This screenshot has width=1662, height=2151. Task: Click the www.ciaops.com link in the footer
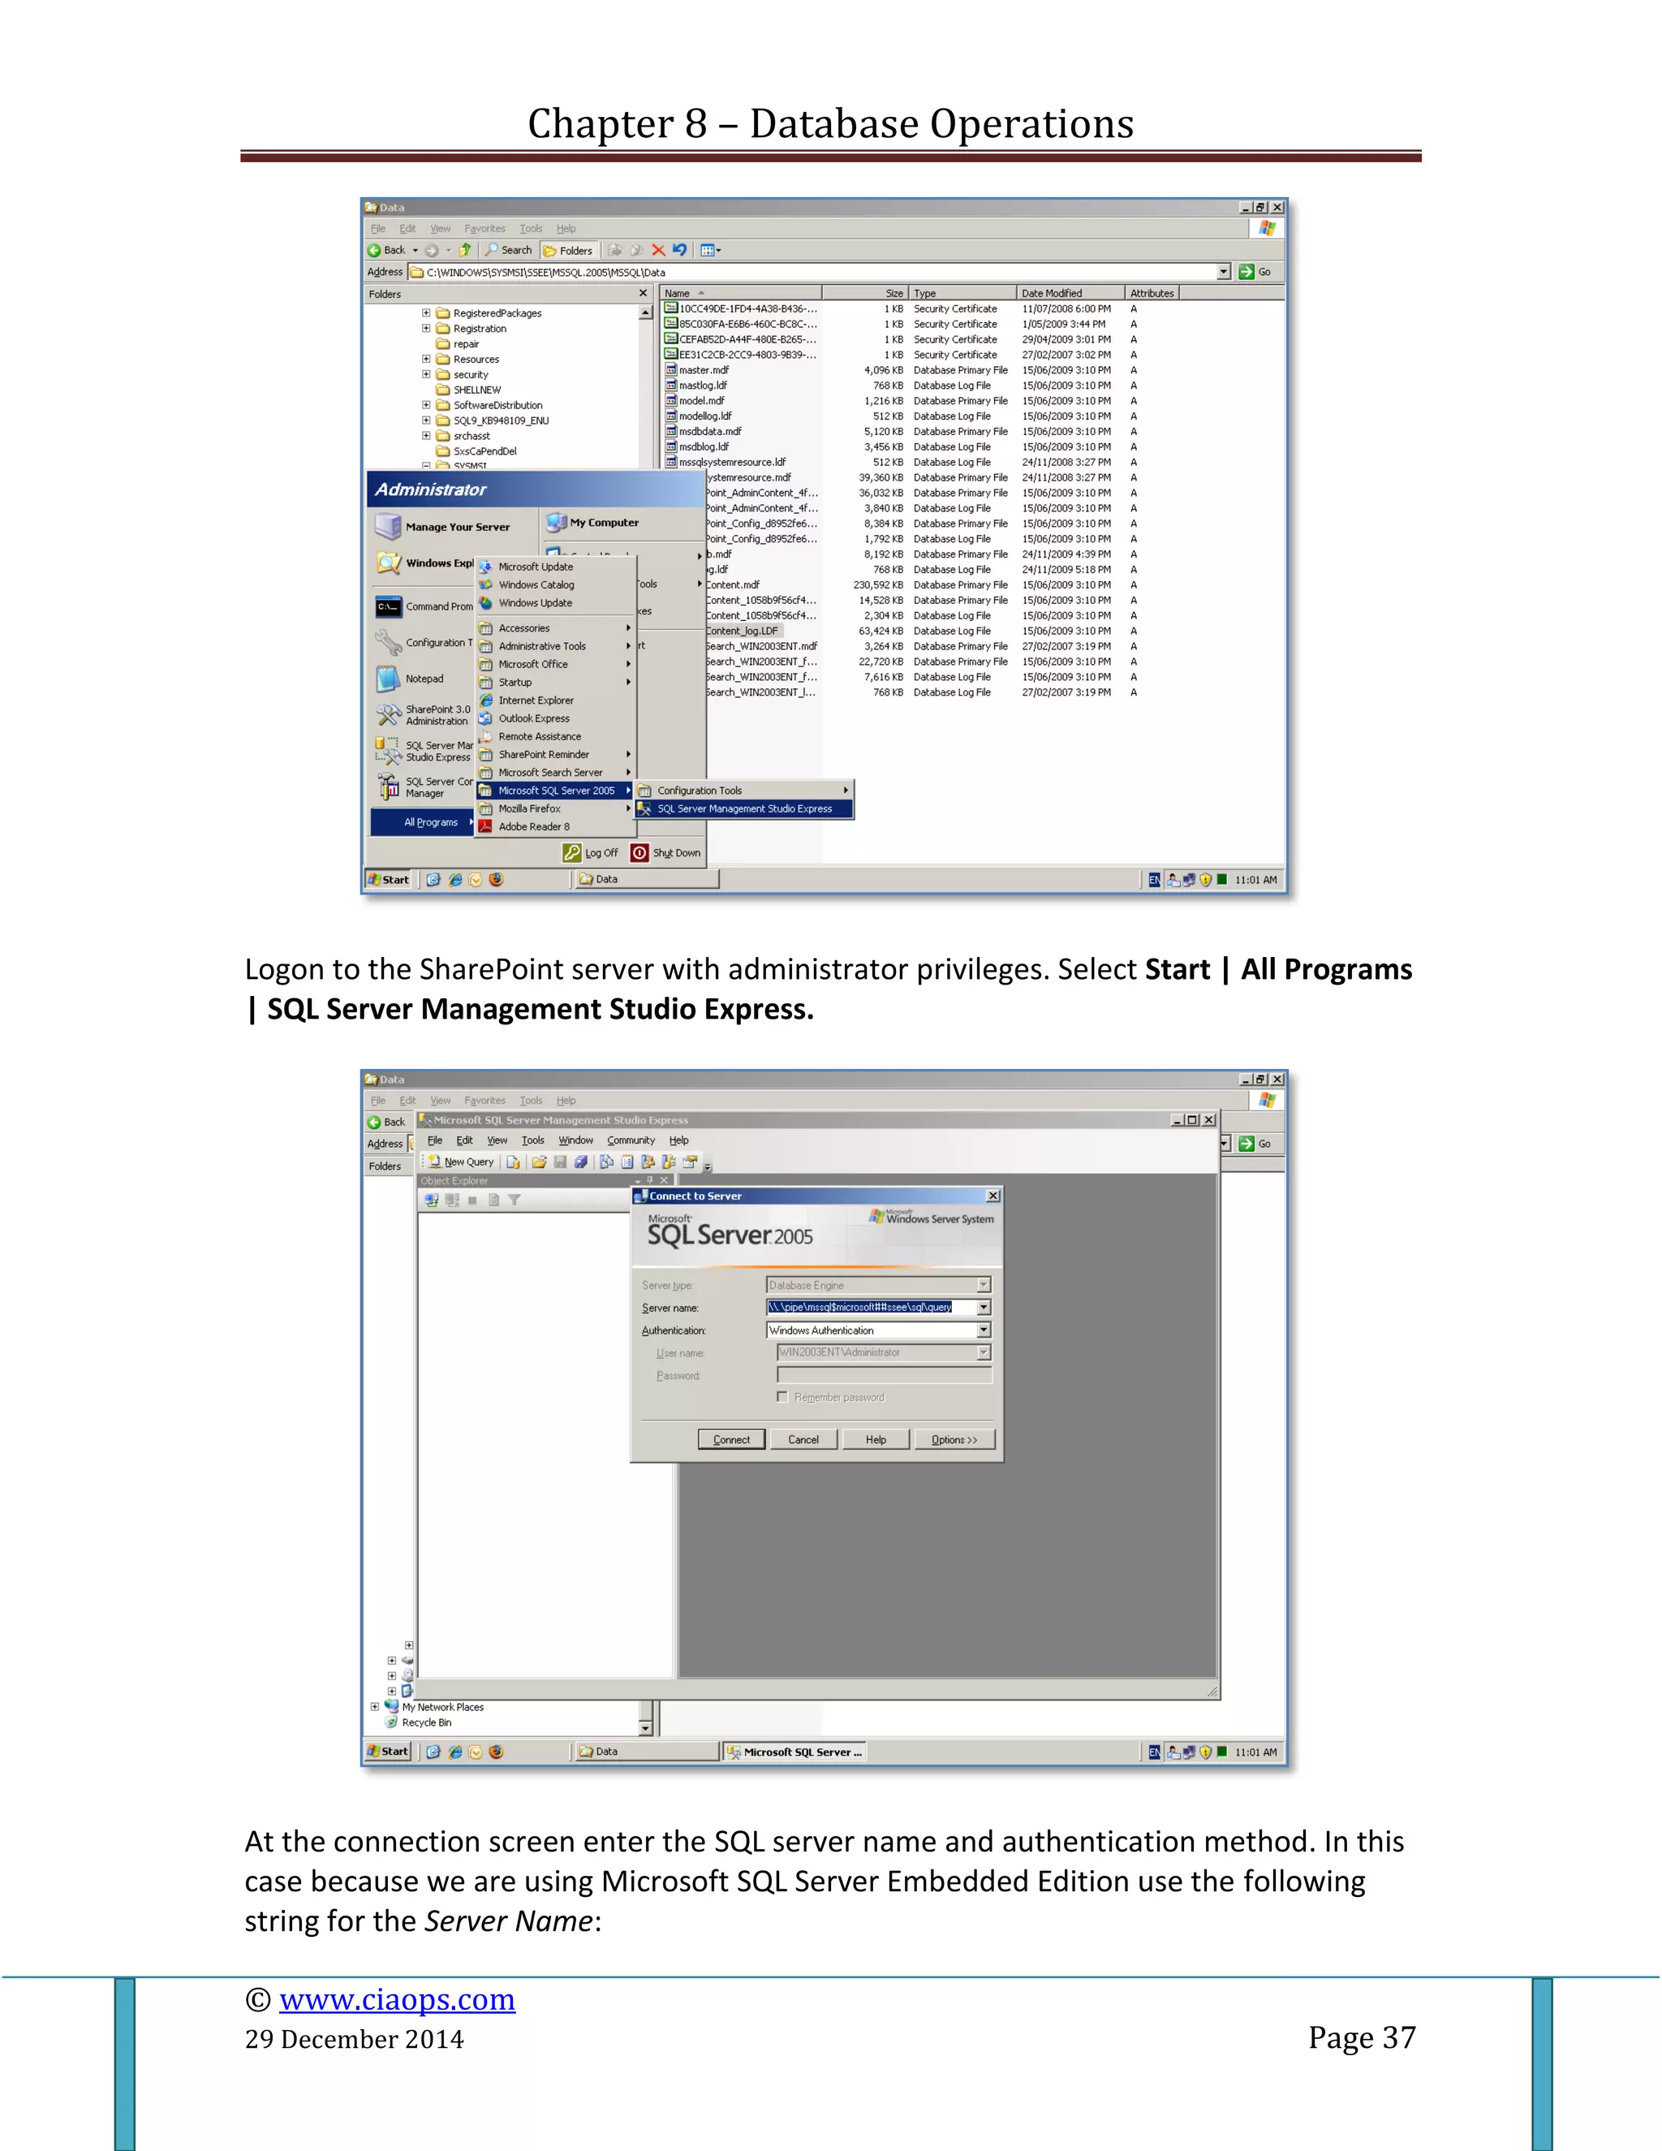pyautogui.click(x=397, y=2000)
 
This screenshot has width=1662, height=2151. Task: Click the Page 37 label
pyautogui.click(x=1361, y=2037)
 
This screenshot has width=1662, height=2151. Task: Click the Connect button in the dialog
pyautogui.click(x=730, y=1440)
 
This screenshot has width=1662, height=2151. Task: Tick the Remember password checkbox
pyautogui.click(x=783, y=1397)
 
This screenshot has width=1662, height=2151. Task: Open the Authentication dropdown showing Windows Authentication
pyautogui.click(x=983, y=1330)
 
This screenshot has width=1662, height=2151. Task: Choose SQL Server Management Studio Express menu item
pyautogui.click(x=744, y=808)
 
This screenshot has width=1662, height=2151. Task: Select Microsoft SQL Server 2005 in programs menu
pyautogui.click(x=556, y=791)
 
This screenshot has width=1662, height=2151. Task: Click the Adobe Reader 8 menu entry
pyautogui.click(x=534, y=827)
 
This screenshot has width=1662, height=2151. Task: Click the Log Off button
pyautogui.click(x=592, y=853)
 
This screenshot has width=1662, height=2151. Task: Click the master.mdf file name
pyautogui.click(x=703, y=370)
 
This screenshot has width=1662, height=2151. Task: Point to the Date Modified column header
pyautogui.click(x=1052, y=294)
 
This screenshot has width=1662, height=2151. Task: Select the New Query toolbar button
pyautogui.click(x=462, y=1162)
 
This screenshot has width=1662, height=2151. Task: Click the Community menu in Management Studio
pyautogui.click(x=630, y=1140)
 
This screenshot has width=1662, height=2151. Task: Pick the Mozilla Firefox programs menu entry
pyautogui.click(x=529, y=808)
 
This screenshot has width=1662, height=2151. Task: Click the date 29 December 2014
pyautogui.click(x=355, y=2040)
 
